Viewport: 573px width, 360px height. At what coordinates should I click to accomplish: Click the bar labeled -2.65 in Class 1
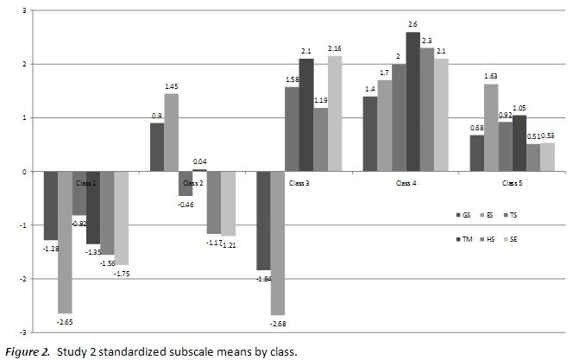click(65, 242)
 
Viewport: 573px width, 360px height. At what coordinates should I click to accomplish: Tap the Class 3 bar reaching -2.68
click(279, 243)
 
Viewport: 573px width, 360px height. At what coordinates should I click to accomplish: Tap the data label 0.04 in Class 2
click(199, 161)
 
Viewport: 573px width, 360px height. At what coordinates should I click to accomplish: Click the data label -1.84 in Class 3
click(262, 279)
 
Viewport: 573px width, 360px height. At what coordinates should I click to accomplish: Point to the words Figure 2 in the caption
click(26, 351)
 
